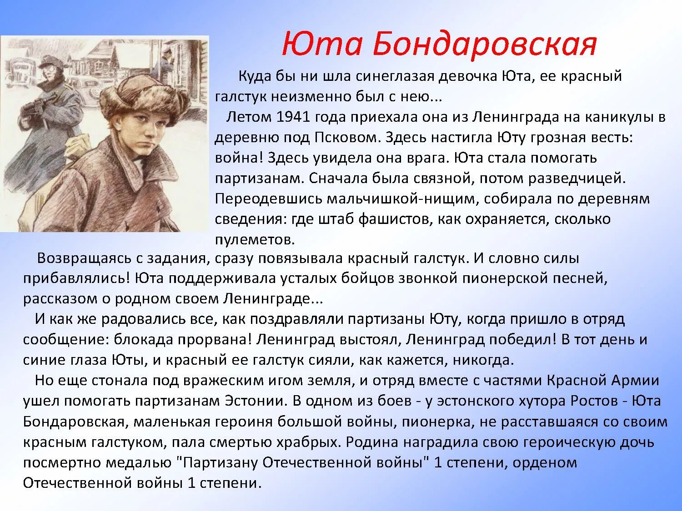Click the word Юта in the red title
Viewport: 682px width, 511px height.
point(321,45)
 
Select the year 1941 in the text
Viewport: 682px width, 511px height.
point(293,117)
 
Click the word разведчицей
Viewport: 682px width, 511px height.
point(577,179)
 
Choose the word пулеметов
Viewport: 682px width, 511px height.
point(255,239)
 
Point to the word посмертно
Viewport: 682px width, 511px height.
point(62,462)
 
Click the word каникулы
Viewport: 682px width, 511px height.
point(617,117)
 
